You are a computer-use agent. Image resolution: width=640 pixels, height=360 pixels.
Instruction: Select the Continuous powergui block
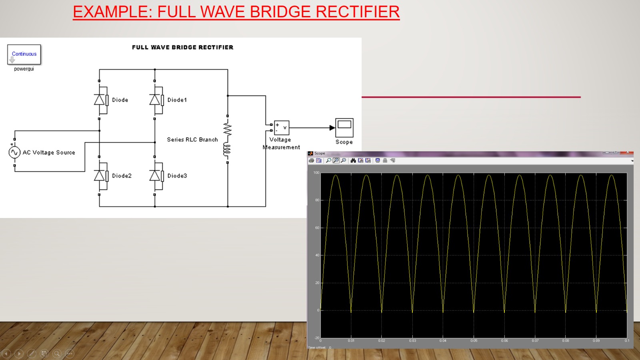(x=24, y=54)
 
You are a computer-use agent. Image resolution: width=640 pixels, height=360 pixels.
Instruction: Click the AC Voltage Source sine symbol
(x=14, y=152)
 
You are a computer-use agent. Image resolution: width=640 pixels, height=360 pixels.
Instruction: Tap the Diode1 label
(x=177, y=100)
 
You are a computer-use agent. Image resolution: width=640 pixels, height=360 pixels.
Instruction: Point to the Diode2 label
(x=122, y=176)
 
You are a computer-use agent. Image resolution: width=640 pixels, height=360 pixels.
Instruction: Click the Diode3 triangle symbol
(x=155, y=175)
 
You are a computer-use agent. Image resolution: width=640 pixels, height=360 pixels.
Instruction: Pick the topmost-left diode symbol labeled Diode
(x=100, y=100)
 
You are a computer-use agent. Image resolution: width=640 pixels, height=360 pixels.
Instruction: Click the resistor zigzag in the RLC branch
(x=228, y=129)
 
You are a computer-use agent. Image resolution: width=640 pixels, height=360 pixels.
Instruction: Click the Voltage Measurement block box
(x=282, y=128)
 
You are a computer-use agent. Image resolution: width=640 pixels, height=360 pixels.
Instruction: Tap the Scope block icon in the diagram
(x=344, y=128)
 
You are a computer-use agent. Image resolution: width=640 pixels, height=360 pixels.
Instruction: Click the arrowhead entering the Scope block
(x=332, y=128)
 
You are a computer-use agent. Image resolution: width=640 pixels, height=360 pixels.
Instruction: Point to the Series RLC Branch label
(x=192, y=140)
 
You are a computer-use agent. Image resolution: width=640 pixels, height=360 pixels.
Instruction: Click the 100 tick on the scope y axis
(x=316, y=173)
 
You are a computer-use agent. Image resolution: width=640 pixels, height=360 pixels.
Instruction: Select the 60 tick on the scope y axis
(x=317, y=228)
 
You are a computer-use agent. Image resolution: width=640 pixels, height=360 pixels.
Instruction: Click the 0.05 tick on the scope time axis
(x=474, y=341)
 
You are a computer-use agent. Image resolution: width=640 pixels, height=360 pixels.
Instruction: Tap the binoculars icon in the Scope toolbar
(x=353, y=160)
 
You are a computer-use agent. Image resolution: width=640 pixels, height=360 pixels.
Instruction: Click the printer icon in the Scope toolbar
(x=312, y=160)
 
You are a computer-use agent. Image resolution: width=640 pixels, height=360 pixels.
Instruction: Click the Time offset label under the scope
(x=317, y=348)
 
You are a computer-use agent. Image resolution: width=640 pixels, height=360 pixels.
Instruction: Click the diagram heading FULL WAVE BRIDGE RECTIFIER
(x=182, y=47)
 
